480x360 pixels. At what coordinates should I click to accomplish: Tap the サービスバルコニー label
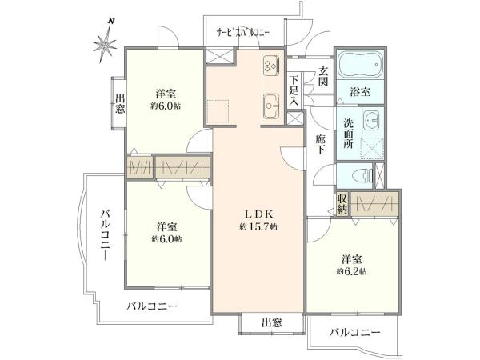point(243,33)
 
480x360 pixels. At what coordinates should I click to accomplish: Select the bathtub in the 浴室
point(360,65)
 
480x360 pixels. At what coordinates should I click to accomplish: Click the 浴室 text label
point(360,91)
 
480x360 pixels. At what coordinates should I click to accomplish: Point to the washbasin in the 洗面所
point(372,120)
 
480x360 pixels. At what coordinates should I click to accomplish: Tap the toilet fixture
point(362,175)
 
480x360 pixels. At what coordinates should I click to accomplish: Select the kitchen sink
point(271,106)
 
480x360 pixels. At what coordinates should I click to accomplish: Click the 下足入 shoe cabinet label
point(294,90)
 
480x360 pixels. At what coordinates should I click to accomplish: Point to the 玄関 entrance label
point(323,76)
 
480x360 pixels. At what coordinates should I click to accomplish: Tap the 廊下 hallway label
point(321,144)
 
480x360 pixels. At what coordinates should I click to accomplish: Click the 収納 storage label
point(342,204)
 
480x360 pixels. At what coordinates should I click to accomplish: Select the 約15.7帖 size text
point(258,227)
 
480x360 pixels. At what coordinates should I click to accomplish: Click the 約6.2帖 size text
point(352,271)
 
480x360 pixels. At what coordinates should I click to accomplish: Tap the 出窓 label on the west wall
point(120,103)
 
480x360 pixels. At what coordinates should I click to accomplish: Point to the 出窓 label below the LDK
point(271,322)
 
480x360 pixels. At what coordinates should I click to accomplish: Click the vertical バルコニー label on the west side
point(106,234)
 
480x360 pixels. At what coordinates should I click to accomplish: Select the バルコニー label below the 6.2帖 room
point(354,332)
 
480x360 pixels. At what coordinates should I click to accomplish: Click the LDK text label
point(258,214)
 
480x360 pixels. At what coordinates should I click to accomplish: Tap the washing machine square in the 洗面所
point(372,148)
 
